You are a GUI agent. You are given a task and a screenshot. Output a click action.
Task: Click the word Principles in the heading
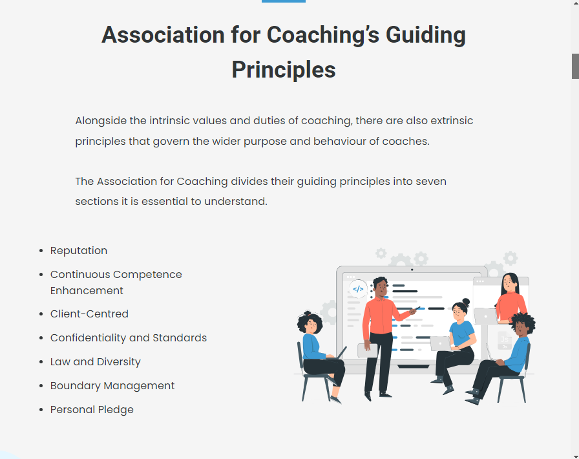tap(284, 70)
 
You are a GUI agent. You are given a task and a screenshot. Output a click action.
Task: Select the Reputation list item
tap(79, 251)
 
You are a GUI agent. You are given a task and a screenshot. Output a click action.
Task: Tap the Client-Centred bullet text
tap(89, 314)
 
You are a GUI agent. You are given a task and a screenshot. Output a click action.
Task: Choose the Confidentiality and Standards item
tap(129, 337)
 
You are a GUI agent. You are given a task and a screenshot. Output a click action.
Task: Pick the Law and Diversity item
tap(95, 362)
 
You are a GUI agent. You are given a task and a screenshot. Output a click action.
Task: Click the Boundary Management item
tap(112, 386)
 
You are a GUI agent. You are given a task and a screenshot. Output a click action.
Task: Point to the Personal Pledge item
tap(92, 410)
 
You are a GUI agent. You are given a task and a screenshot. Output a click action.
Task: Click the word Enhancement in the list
tap(87, 290)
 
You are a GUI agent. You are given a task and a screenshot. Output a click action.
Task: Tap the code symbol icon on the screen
tap(358, 289)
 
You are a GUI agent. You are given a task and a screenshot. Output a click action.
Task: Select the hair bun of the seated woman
tap(466, 302)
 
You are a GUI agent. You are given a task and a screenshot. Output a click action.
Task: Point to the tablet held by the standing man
tap(368, 351)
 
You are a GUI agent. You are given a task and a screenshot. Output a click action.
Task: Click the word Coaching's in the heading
tap(323, 35)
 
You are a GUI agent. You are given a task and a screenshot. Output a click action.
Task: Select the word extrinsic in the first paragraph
tap(452, 121)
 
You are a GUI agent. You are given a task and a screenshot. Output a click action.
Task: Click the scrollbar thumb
tap(575, 66)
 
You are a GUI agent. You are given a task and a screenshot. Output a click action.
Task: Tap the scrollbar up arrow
tap(575, 3)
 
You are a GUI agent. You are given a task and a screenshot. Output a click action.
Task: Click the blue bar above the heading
tap(284, 1)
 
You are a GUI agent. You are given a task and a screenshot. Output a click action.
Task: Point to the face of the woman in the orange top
tap(509, 283)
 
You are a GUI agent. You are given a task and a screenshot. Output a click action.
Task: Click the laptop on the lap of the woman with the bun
tap(440, 343)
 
